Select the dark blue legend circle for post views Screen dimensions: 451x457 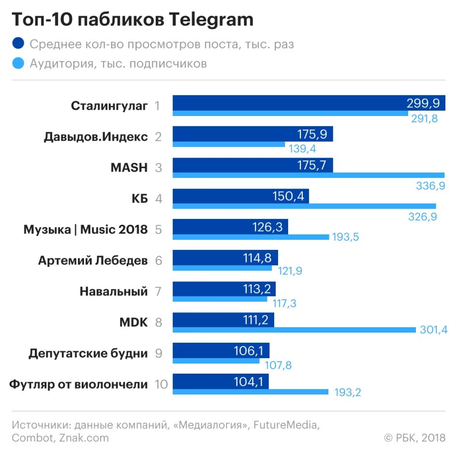(x=18, y=44)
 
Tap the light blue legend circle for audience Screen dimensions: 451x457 (x=18, y=63)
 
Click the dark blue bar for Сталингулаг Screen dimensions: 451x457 (x=285, y=103)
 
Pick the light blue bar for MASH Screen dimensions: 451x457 (x=309, y=175)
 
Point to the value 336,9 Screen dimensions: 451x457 (x=430, y=186)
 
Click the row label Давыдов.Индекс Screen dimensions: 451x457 (x=95, y=136)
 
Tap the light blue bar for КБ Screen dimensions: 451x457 (x=304, y=206)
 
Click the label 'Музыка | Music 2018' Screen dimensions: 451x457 (x=86, y=229)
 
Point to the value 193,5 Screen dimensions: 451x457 (x=346, y=237)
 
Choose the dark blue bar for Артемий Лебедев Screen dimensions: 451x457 (x=225, y=258)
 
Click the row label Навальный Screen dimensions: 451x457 (x=114, y=291)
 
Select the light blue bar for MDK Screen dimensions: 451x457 (x=294, y=330)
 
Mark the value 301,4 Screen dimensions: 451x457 (x=434, y=330)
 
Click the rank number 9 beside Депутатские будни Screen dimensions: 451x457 (x=159, y=353)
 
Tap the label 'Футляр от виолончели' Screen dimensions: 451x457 (x=78, y=384)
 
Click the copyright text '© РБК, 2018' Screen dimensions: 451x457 (x=414, y=438)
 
